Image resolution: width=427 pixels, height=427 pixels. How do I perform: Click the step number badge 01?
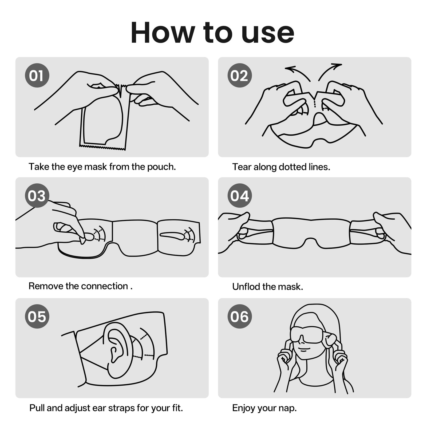point(37,75)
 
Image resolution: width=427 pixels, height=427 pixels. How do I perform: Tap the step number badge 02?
point(240,75)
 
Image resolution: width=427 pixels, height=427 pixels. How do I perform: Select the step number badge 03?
point(37,196)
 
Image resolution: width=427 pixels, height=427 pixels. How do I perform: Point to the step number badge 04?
point(240,196)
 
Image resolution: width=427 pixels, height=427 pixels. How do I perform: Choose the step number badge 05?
point(37,316)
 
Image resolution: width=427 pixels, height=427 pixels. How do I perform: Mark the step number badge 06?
point(240,316)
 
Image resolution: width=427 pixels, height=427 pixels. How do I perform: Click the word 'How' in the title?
point(163,33)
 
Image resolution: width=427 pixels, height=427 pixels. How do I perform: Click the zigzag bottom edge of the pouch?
point(102,147)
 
